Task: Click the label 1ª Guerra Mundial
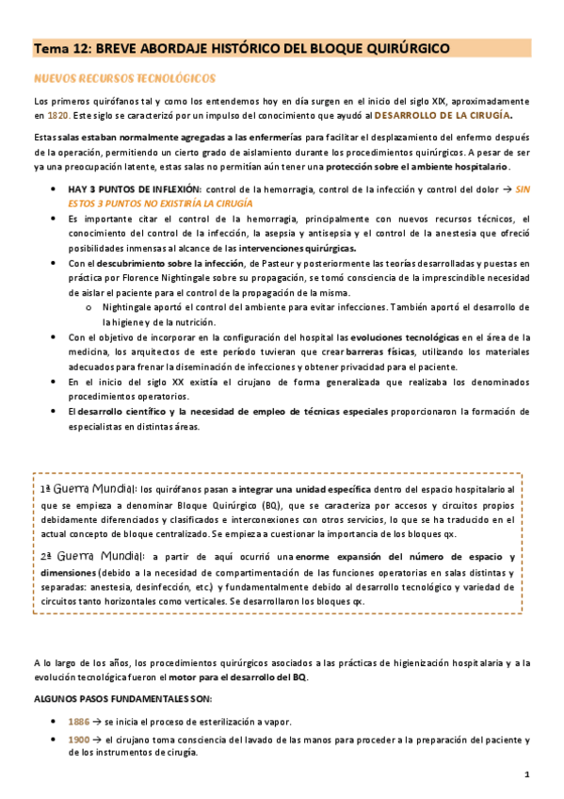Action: point(89,490)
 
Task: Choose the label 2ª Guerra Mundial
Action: point(89,556)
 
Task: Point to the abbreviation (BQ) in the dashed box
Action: point(249,504)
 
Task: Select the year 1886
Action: point(79,723)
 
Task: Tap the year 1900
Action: point(79,741)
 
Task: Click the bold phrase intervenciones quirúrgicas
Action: point(315,248)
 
